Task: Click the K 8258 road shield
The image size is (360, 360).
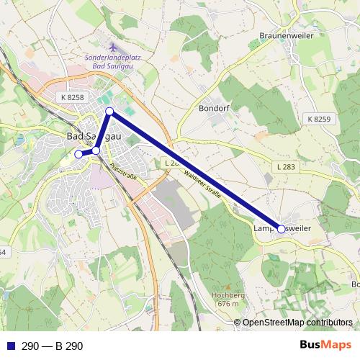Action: click(x=72, y=97)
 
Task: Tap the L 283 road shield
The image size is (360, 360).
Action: click(x=287, y=167)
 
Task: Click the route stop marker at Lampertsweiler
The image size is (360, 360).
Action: click(x=281, y=230)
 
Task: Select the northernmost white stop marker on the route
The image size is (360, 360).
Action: click(x=109, y=111)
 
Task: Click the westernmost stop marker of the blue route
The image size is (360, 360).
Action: click(x=78, y=153)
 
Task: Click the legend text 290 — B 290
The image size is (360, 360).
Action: click(x=53, y=346)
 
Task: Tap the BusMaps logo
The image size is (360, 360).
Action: click(x=325, y=345)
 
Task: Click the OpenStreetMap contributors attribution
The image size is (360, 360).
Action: click(x=297, y=323)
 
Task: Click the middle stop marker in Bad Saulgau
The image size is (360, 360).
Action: click(x=96, y=150)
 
